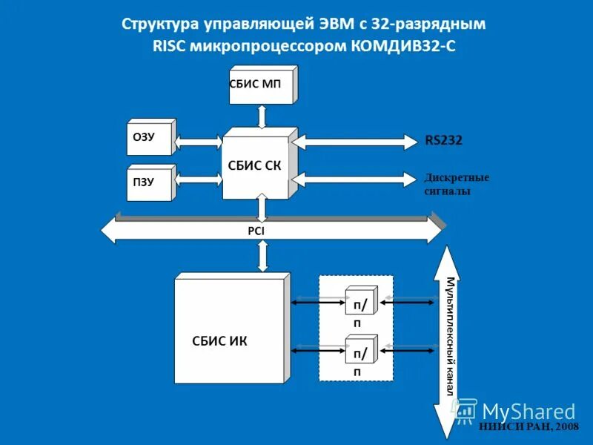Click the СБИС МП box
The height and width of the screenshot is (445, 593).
(261, 84)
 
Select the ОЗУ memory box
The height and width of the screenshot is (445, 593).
(151, 137)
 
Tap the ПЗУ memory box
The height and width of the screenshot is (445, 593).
(151, 182)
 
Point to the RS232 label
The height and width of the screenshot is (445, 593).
(443, 140)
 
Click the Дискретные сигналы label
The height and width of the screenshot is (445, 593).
(457, 184)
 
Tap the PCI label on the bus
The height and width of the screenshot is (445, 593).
(256, 231)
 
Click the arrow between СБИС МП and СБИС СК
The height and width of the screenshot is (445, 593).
(261, 116)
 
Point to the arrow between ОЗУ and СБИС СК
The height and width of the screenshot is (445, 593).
(199, 140)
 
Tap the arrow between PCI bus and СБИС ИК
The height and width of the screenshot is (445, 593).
(262, 257)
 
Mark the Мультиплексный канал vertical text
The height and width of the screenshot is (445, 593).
(449, 334)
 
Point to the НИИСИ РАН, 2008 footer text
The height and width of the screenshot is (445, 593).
(529, 426)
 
